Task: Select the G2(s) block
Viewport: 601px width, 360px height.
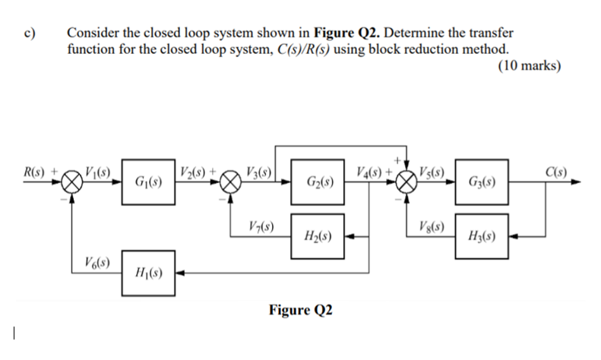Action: point(318,182)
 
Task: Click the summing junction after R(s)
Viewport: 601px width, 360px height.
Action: point(72,182)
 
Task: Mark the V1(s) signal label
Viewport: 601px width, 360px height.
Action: point(98,170)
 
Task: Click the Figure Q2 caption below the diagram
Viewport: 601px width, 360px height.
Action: point(301,310)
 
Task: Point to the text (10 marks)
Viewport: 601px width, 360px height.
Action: point(530,66)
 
